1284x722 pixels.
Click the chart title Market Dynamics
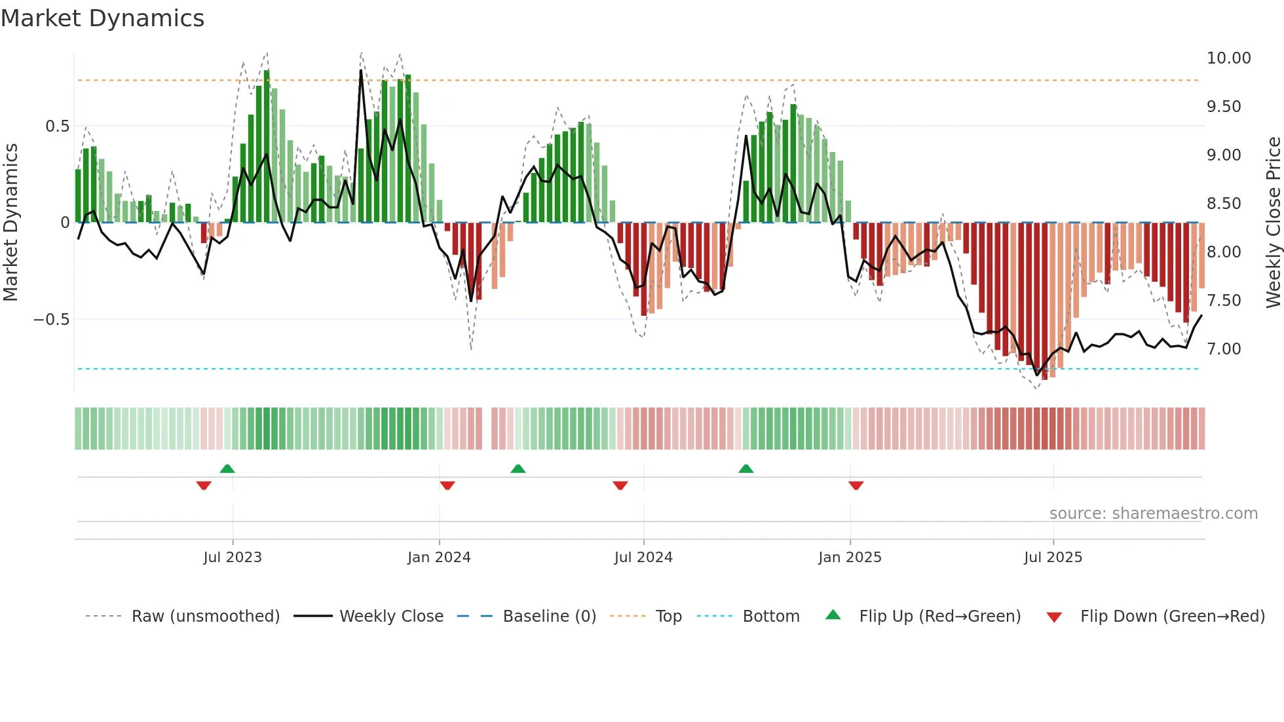103,18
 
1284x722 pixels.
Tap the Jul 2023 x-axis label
232,558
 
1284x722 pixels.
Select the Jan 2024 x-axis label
439,558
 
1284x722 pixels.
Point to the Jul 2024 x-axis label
643,558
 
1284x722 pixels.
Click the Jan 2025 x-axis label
850,558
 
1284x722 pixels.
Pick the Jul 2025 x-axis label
1053,558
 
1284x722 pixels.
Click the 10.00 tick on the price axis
1228,58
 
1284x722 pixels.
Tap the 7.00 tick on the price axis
1224,349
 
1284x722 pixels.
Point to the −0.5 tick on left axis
51,320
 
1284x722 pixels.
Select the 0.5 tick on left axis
57,126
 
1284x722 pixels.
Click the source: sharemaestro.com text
1153,514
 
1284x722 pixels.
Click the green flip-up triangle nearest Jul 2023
227,469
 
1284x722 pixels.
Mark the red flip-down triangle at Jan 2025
856,485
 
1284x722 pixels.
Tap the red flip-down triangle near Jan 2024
447,485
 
